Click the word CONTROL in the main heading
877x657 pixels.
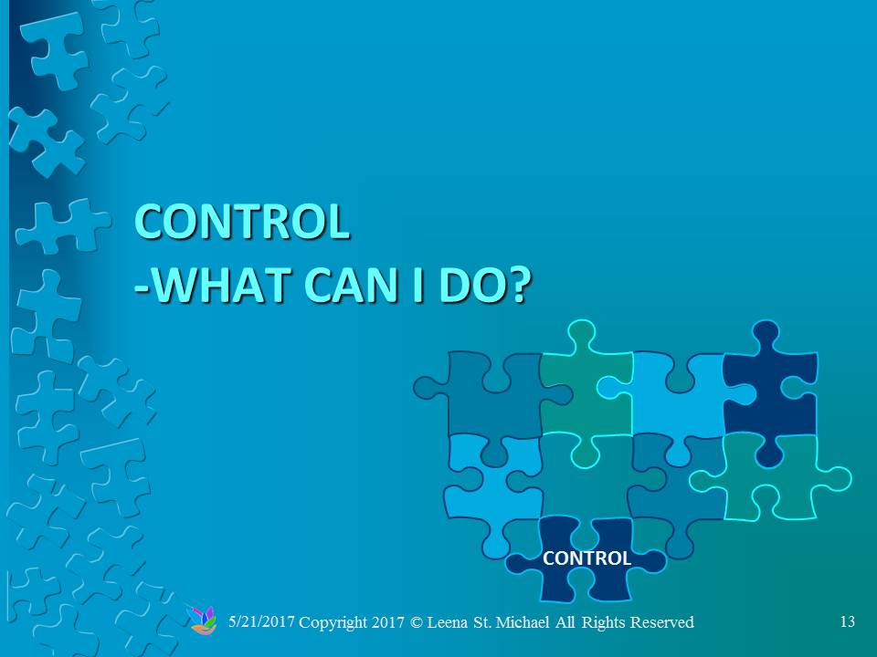click(x=241, y=222)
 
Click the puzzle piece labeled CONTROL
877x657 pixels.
click(x=586, y=558)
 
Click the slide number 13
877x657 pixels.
click(x=848, y=621)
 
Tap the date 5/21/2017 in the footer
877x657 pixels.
click(x=261, y=621)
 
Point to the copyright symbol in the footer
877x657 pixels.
click(x=417, y=622)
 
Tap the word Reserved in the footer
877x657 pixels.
click(x=661, y=622)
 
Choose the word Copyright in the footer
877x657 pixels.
click(x=333, y=623)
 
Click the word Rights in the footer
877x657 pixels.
click(x=604, y=623)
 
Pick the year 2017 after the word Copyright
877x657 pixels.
click(x=388, y=622)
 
